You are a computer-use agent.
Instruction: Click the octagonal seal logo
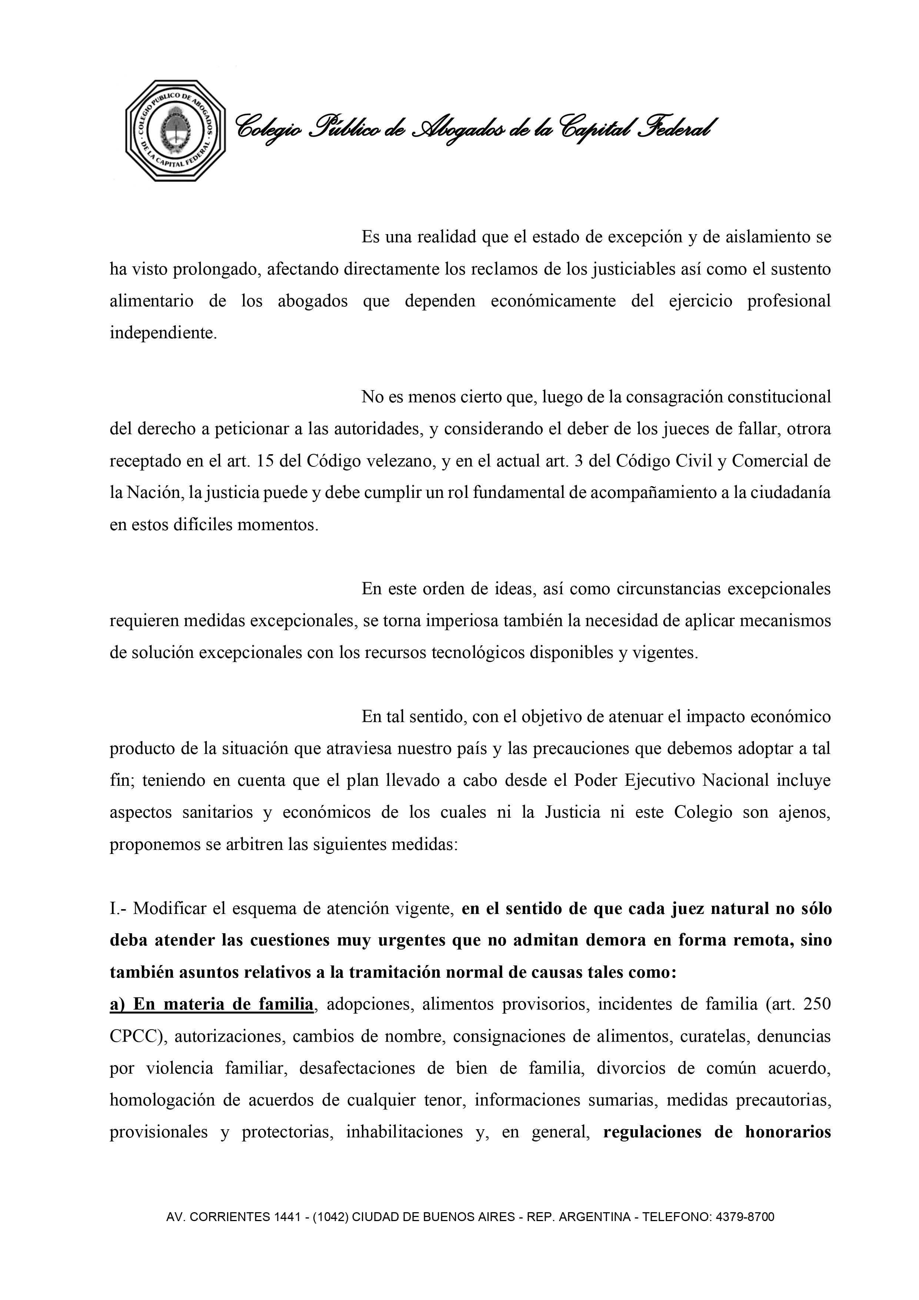coord(176,131)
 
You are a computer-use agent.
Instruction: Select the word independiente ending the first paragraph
coord(163,333)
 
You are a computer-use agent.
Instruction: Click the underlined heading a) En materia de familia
coord(211,1004)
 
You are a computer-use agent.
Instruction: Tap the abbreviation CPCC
coord(136,1037)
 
